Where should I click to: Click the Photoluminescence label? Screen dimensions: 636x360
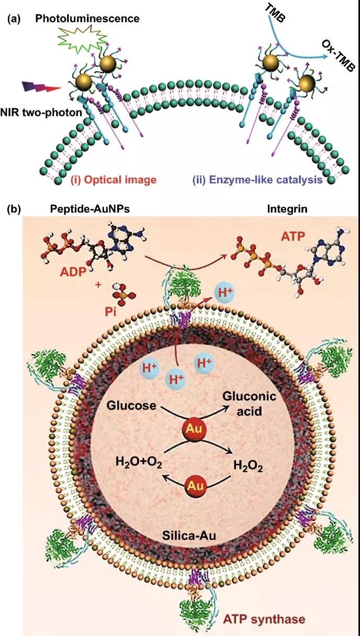pos(87,19)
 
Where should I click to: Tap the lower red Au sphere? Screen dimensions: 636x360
pos(194,485)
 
